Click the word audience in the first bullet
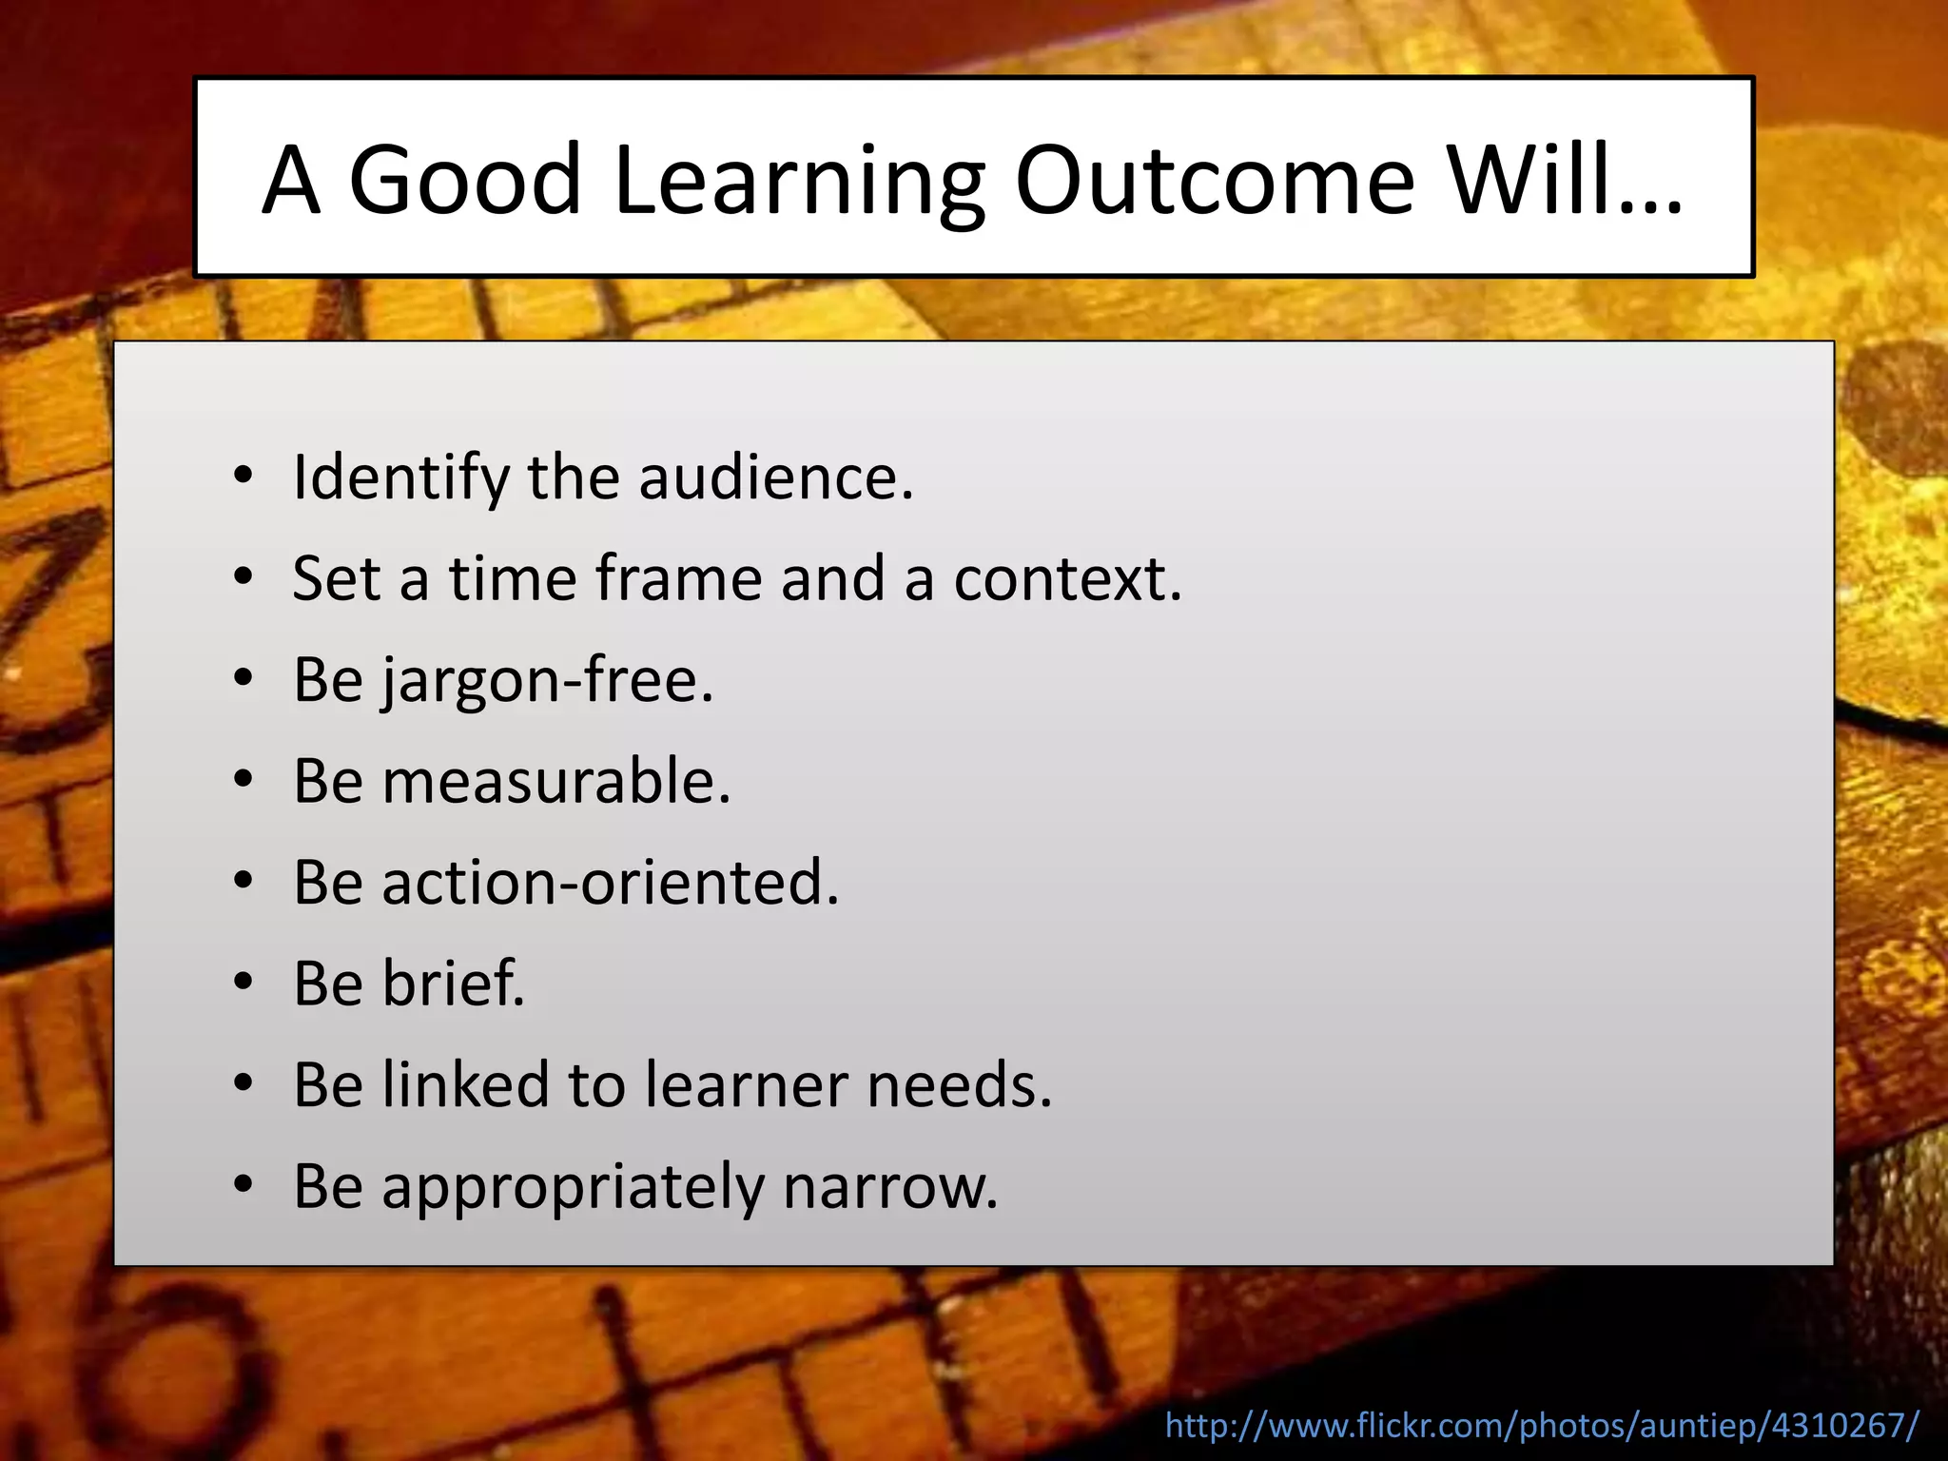775,477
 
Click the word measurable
556,781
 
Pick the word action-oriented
611,883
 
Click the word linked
466,1084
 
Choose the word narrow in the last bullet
890,1187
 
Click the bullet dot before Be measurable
243,780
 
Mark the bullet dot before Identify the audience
243,475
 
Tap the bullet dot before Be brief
243,983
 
